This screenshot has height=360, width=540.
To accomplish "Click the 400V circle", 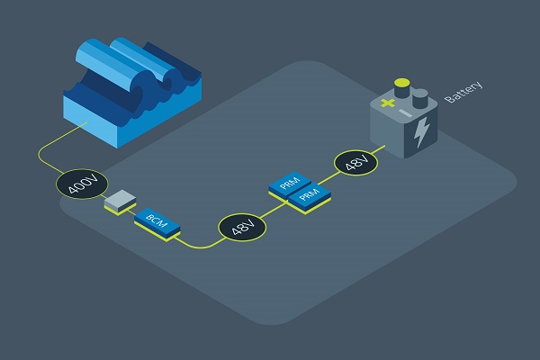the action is click(82, 184).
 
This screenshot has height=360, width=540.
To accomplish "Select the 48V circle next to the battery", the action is click(355, 163).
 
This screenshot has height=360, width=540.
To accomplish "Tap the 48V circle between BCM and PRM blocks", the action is click(242, 227).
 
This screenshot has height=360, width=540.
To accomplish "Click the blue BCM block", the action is click(157, 223).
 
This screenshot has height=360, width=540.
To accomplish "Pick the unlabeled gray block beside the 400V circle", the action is click(120, 202).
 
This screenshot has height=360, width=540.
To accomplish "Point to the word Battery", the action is click(463, 92).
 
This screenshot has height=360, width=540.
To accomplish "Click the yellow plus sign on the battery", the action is click(387, 103).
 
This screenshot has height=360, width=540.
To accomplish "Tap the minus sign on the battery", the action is click(405, 112).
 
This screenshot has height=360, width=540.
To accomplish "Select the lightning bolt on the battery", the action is click(421, 132).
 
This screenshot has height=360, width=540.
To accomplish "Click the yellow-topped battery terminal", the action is click(402, 87).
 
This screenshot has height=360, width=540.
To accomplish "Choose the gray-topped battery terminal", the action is click(419, 98).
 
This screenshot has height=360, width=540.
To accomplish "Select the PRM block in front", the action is click(310, 200).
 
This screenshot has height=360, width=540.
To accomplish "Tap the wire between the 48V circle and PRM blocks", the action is click(274, 210).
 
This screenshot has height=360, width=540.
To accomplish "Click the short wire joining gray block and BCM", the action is click(130, 211).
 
